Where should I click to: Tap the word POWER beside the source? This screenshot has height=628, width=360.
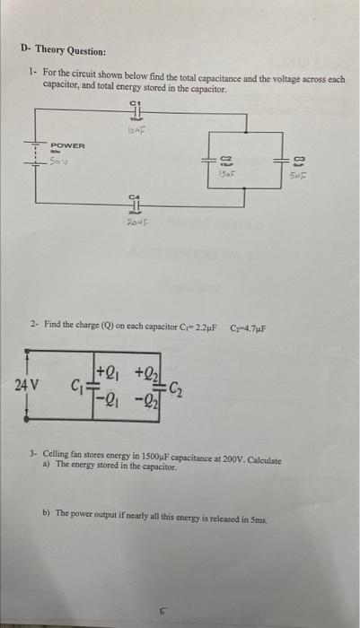tap(67, 145)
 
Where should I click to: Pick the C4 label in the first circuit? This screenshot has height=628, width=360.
tap(136, 196)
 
